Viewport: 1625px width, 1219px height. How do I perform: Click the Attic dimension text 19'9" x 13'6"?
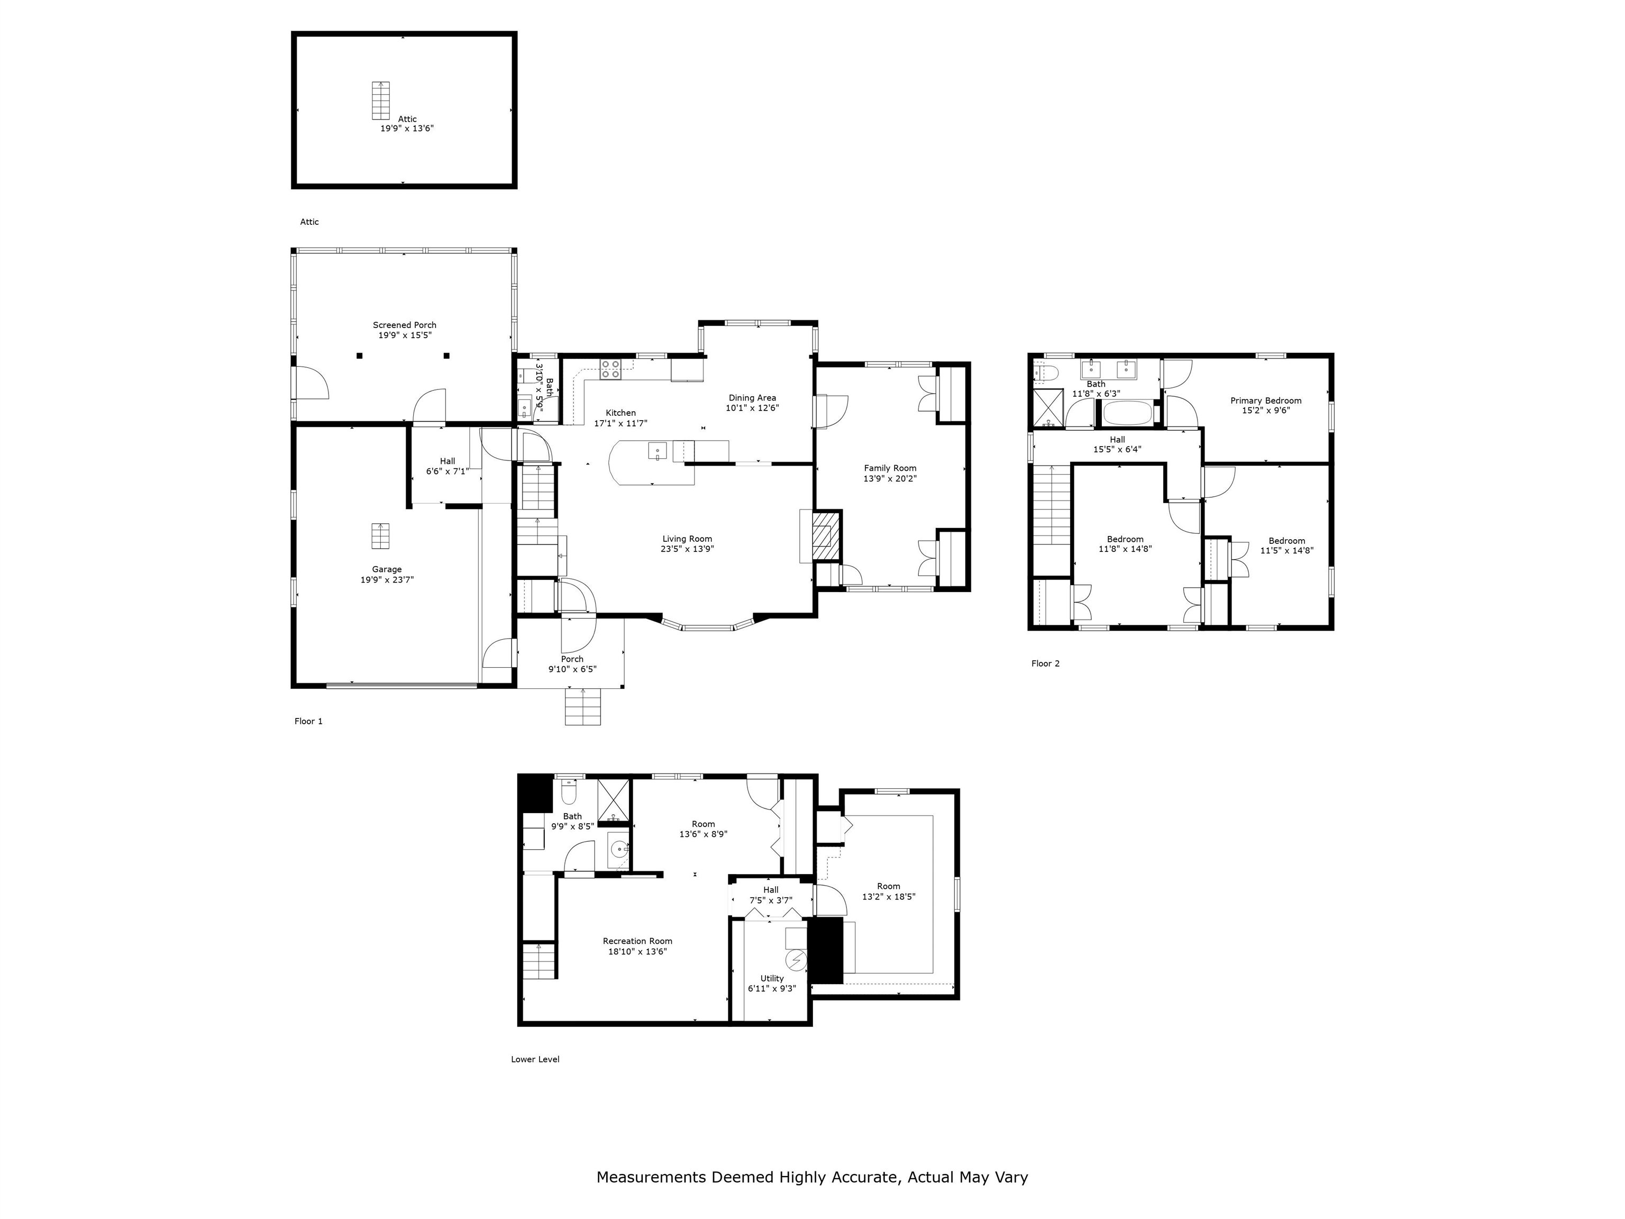[406, 129]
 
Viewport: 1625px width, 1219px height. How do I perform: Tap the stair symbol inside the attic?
[380, 100]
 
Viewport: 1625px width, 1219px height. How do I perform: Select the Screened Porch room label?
[404, 325]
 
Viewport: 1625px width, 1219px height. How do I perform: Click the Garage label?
[387, 569]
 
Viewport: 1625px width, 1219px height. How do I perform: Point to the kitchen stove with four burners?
[610, 369]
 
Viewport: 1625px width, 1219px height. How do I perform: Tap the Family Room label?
[890, 468]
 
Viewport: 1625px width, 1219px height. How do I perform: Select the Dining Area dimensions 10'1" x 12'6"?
[752, 408]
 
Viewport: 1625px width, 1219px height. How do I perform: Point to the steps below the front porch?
[582, 707]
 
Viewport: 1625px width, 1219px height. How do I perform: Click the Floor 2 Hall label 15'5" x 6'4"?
[1117, 444]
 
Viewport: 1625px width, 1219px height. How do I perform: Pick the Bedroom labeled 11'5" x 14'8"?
[1286, 546]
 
